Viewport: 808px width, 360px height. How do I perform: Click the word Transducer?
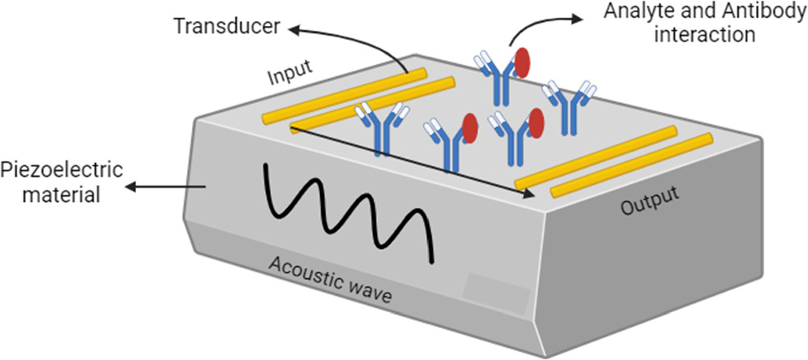coord(226,28)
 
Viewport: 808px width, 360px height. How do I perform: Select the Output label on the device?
coord(648,202)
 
